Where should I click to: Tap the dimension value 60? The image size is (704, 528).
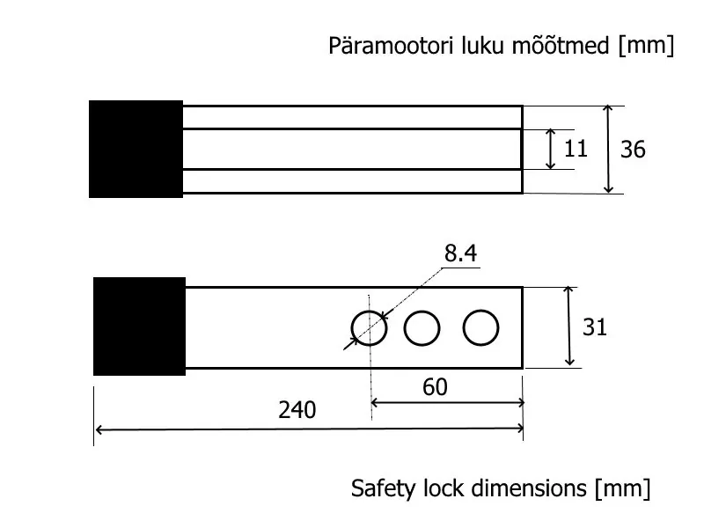435,386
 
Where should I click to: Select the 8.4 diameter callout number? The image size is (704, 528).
460,254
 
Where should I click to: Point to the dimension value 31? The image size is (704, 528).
596,326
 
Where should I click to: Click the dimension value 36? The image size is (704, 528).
633,150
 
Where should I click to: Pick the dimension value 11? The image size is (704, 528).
576,148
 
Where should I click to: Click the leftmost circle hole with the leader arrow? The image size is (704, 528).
369,327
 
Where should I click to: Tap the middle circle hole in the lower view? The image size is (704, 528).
422,327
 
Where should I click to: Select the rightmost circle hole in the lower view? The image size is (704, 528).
480,327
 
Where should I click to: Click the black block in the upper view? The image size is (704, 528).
136,149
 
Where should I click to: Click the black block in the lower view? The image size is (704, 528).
139,326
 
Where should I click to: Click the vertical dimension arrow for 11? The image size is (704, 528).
551,149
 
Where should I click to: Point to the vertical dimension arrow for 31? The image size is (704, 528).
570,326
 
